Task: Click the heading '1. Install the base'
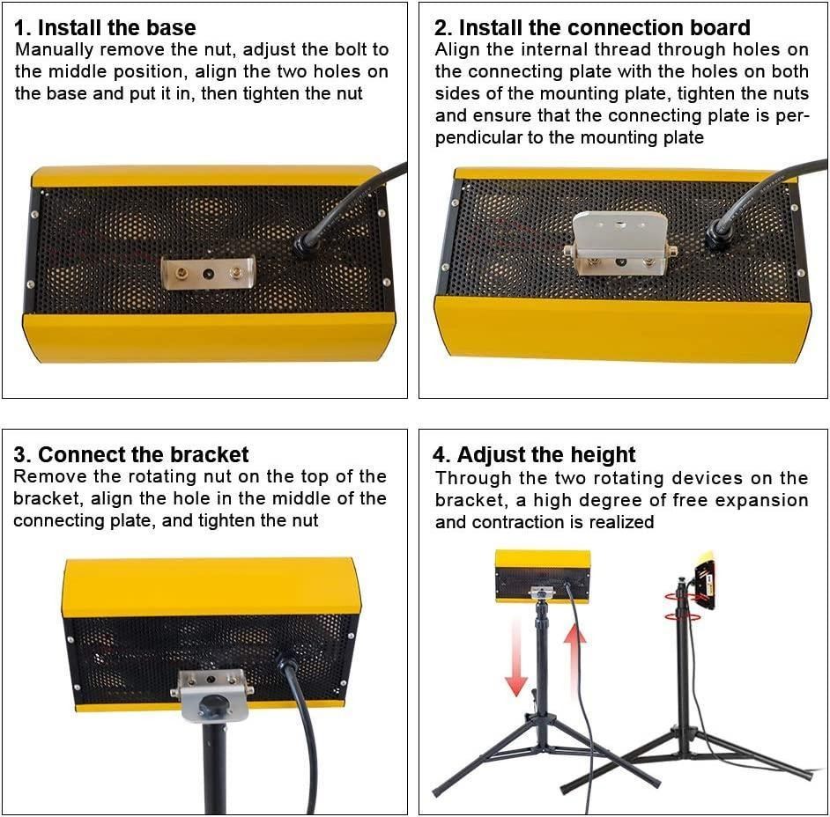click(x=105, y=27)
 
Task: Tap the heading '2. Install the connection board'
click(x=592, y=27)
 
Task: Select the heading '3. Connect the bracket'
click(x=130, y=455)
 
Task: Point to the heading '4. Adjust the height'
click(x=534, y=455)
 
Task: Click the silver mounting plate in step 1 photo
click(x=208, y=273)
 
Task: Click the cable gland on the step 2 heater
click(x=716, y=232)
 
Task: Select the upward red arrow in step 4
click(x=574, y=657)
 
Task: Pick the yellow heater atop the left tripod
click(x=543, y=576)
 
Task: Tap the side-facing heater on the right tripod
click(x=704, y=581)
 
